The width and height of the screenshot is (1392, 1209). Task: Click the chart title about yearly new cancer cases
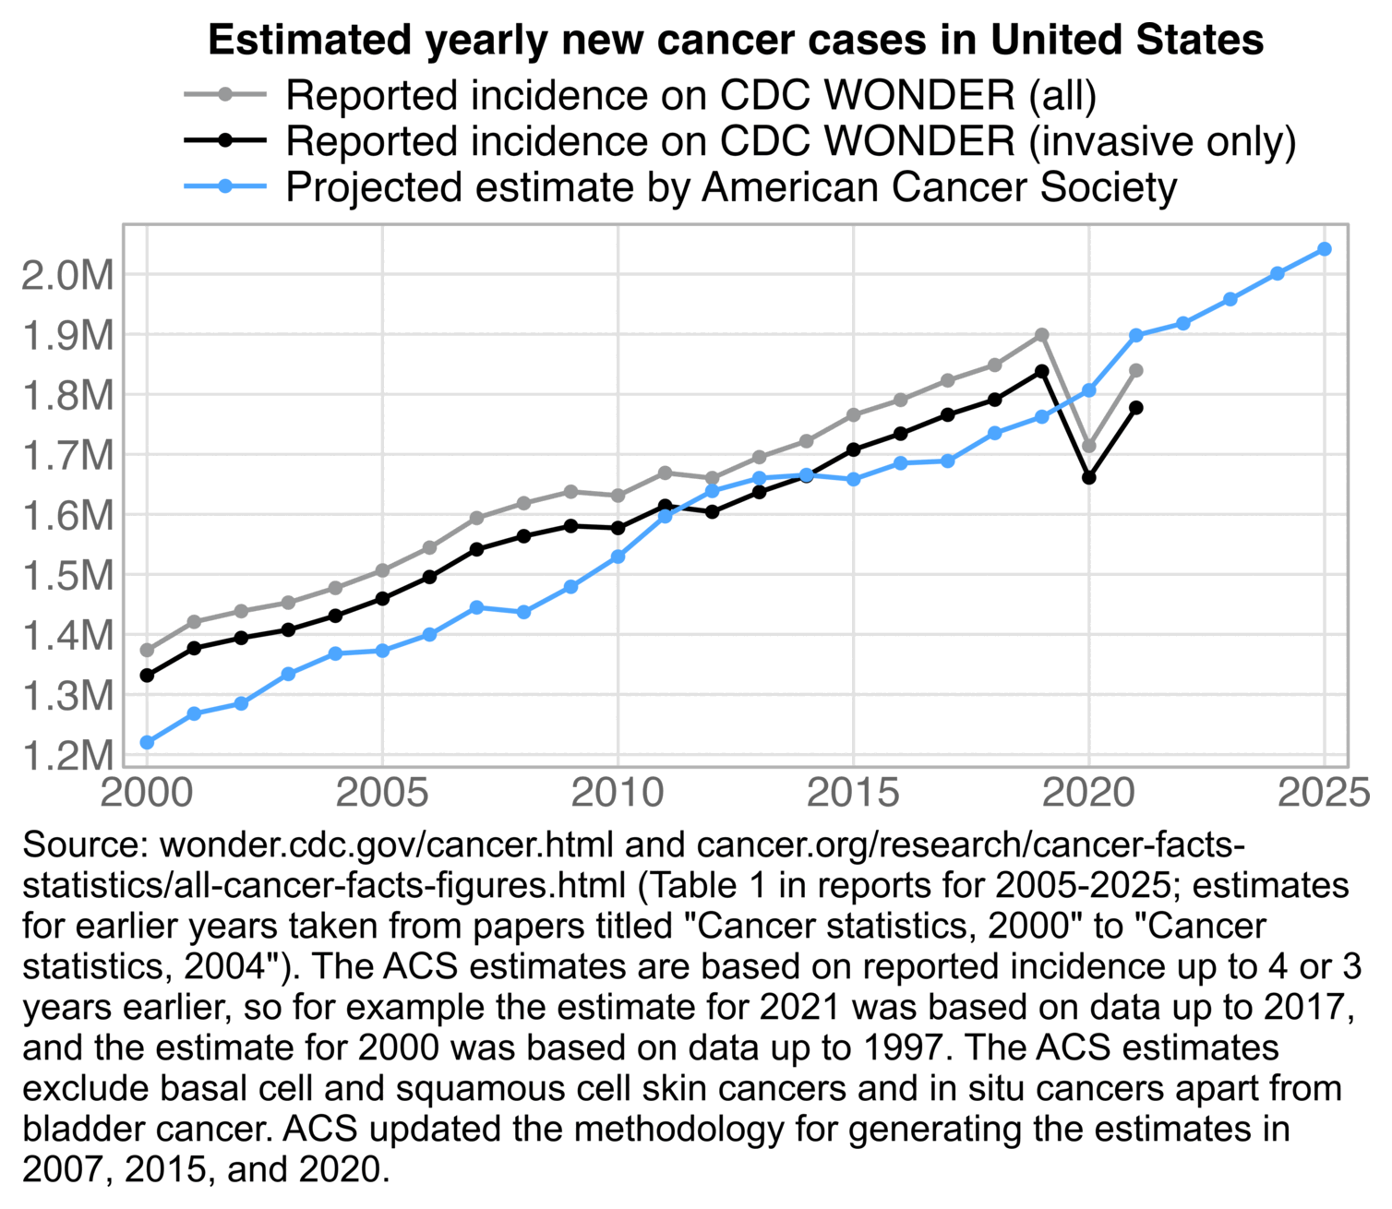click(x=736, y=41)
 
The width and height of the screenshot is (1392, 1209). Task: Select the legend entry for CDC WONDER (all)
click(x=690, y=95)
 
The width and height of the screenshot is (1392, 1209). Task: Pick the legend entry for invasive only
click(x=790, y=141)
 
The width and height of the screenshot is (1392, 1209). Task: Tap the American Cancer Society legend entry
click(x=731, y=187)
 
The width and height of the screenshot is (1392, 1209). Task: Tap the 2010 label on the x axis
click(x=618, y=793)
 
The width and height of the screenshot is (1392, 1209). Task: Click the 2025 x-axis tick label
click(x=1324, y=793)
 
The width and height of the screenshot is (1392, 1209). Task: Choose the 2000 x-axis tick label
click(x=147, y=793)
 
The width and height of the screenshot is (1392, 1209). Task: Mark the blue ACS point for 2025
click(x=1324, y=249)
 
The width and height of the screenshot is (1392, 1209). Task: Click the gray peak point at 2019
click(x=1041, y=334)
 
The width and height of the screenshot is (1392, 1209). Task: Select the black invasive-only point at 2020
click(x=1089, y=477)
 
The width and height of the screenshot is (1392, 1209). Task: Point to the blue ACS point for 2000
click(x=147, y=742)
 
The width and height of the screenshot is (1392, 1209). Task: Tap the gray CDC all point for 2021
click(x=1136, y=370)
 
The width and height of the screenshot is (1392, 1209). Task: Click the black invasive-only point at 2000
click(x=147, y=676)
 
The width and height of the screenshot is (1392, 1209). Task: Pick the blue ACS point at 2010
click(x=618, y=557)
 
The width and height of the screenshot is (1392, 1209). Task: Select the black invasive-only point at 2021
click(x=1136, y=407)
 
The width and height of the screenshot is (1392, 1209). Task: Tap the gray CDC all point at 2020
click(x=1089, y=446)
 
